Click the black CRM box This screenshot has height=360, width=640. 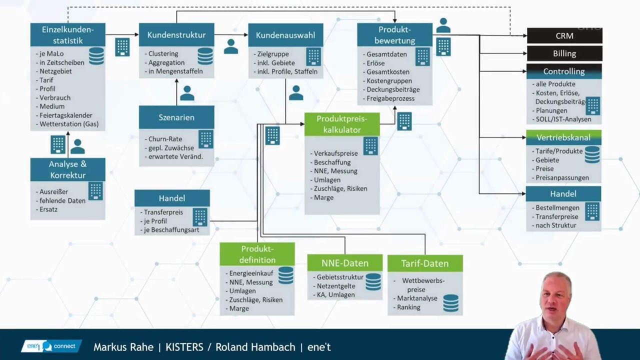pyautogui.click(x=564, y=36)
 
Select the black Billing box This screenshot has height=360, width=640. pyautogui.click(x=564, y=53)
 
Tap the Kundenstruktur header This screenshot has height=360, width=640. pyautogui.click(x=176, y=35)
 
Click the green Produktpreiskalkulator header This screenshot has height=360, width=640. pyautogui.click(x=342, y=124)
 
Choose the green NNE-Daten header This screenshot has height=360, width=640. pyautogui.click(x=345, y=263)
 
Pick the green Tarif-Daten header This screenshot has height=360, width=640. pyautogui.click(x=425, y=263)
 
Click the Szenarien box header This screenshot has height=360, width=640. pyautogui.click(x=176, y=117)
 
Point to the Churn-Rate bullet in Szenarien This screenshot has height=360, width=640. pyautogui.click(x=165, y=139)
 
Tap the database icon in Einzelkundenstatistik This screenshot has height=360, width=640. pyautogui.click(x=96, y=56)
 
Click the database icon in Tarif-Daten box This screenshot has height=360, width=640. pyautogui.click(x=450, y=303)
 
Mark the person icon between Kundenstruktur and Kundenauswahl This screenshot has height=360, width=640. pyautogui.click(x=231, y=46)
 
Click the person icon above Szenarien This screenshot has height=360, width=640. pyautogui.click(x=187, y=93)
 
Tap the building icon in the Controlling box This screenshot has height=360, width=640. pyautogui.click(x=592, y=106)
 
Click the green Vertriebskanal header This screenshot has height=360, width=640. pyautogui.click(x=563, y=137)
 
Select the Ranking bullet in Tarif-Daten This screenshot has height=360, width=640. pyautogui.click(x=408, y=307)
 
